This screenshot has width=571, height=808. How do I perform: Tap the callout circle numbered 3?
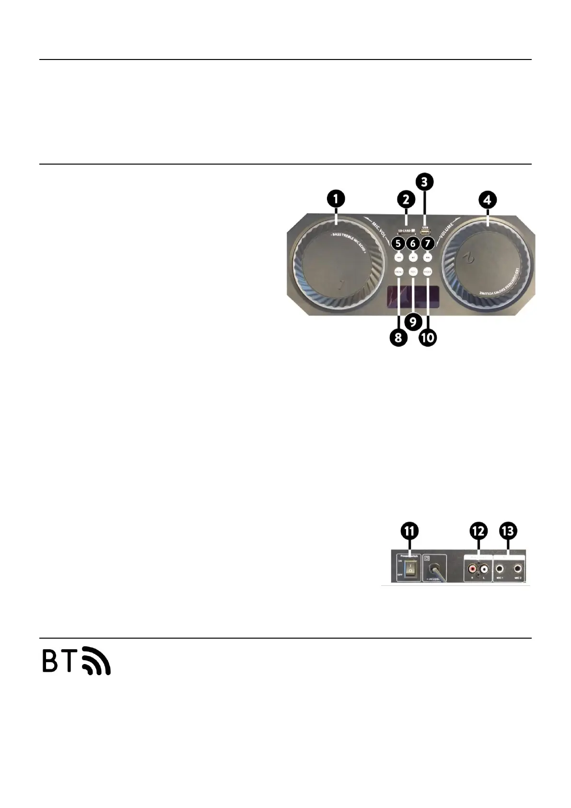[424, 182]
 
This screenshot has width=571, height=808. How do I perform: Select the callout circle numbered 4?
[488, 199]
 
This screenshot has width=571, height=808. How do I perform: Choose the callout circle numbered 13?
[508, 531]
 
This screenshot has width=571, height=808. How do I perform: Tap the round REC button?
[413, 272]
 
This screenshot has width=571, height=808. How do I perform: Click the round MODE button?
[428, 272]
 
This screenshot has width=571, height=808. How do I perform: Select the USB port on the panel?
[424, 233]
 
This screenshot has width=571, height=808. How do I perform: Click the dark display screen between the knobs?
[412, 298]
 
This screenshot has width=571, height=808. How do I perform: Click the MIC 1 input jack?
[500, 569]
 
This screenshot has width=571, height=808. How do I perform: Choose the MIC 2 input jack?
[518, 569]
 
